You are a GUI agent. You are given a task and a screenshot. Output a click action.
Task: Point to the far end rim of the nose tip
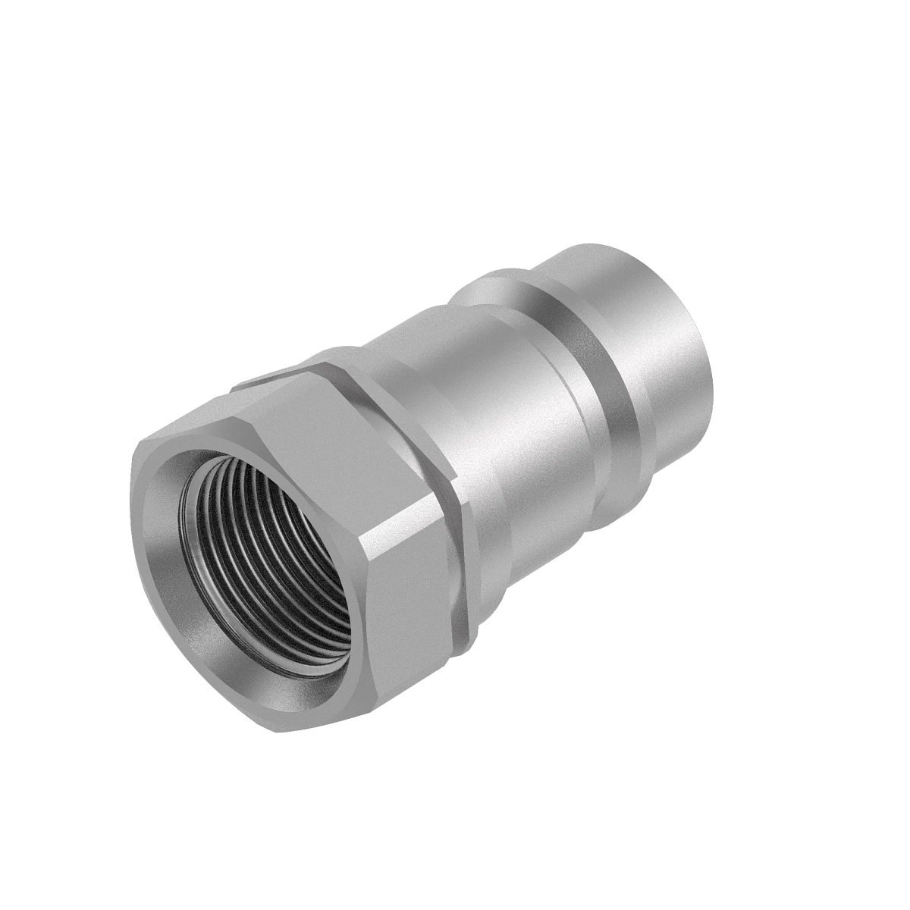pyautogui.click(x=709, y=334)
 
